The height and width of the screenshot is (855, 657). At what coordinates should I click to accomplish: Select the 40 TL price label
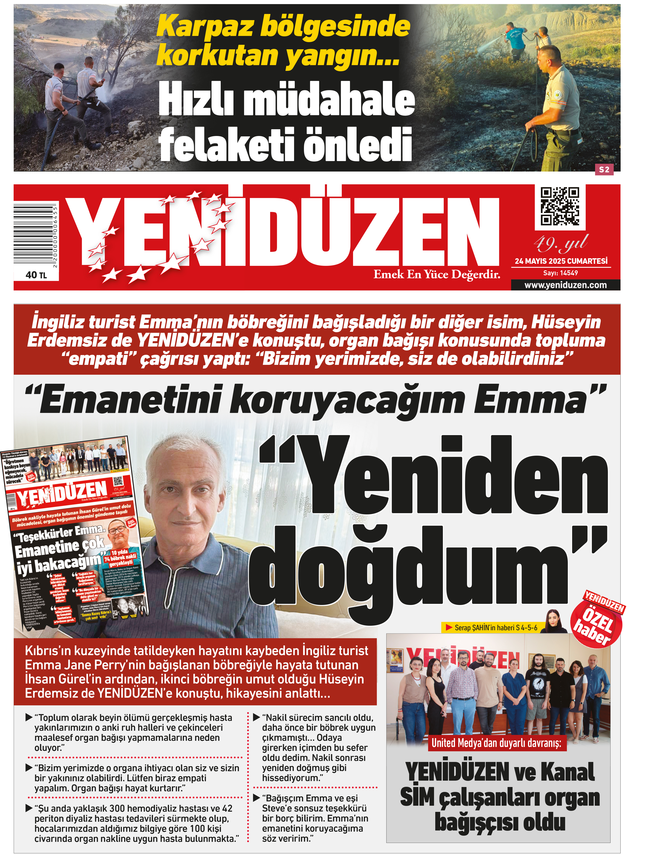36,275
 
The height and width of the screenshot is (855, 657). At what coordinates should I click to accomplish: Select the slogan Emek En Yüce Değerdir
436,274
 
